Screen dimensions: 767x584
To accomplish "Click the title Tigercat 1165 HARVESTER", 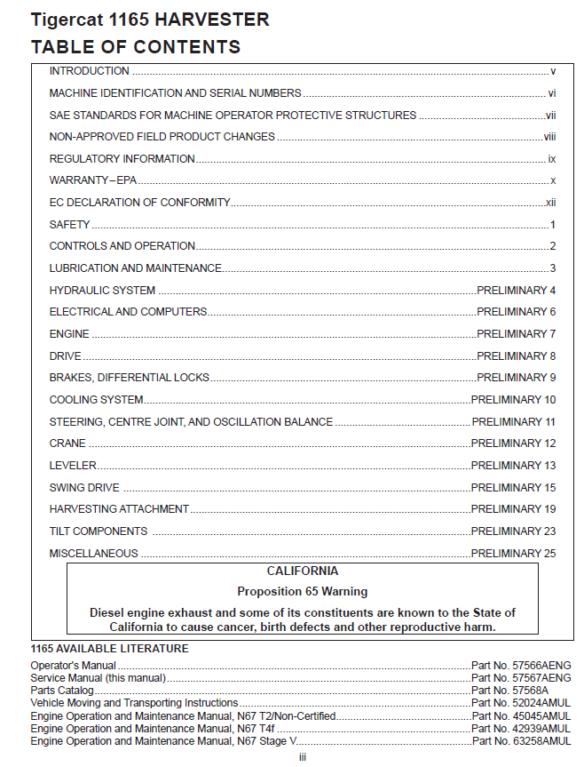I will tap(150, 20).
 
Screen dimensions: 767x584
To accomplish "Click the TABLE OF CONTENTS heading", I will tap(135, 47).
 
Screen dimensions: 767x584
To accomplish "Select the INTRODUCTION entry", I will tap(89, 71).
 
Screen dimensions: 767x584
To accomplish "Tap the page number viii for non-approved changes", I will tap(549, 137).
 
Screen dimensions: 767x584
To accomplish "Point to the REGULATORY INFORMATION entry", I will tap(122, 159).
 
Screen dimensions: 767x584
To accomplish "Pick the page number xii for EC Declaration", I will tap(550, 203).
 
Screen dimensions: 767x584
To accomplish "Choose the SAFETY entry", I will tap(69, 225).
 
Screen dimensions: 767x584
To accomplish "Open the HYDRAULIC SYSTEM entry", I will tap(102, 291).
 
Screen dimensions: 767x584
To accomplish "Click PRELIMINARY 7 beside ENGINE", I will tap(516, 334).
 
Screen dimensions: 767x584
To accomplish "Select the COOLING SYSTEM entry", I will tap(96, 400).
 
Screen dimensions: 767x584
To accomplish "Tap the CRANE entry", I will tap(67, 443).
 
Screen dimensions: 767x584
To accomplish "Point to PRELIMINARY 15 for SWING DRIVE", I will tap(513, 488).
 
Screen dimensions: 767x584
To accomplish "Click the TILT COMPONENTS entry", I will tap(99, 531).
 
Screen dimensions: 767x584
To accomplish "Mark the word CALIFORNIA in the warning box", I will tap(302, 571).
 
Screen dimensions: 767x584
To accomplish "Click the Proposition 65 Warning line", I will tap(302, 591).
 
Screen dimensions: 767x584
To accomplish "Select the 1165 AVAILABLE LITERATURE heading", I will tap(109, 649).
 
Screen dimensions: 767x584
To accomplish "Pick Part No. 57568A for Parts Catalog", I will tap(509, 690).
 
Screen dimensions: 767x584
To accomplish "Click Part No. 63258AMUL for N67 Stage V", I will tap(521, 740).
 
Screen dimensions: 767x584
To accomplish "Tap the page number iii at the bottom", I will tap(302, 757).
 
